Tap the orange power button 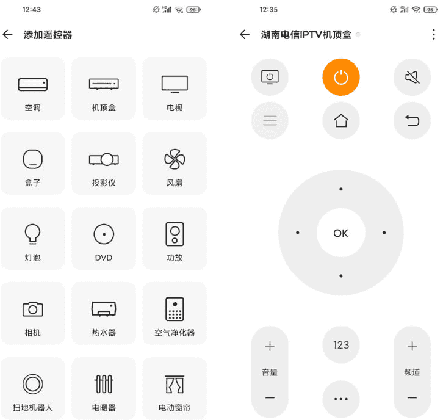[341, 77]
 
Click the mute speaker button [412, 77]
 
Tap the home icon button [341, 120]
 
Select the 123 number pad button [341, 345]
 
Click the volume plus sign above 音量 [270, 346]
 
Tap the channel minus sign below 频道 [412, 398]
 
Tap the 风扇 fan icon [175, 160]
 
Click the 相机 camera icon [33, 309]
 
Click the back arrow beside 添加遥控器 [8, 35]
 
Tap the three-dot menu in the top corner [434, 35]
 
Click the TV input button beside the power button [270, 77]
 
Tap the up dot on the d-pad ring [341, 189]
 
